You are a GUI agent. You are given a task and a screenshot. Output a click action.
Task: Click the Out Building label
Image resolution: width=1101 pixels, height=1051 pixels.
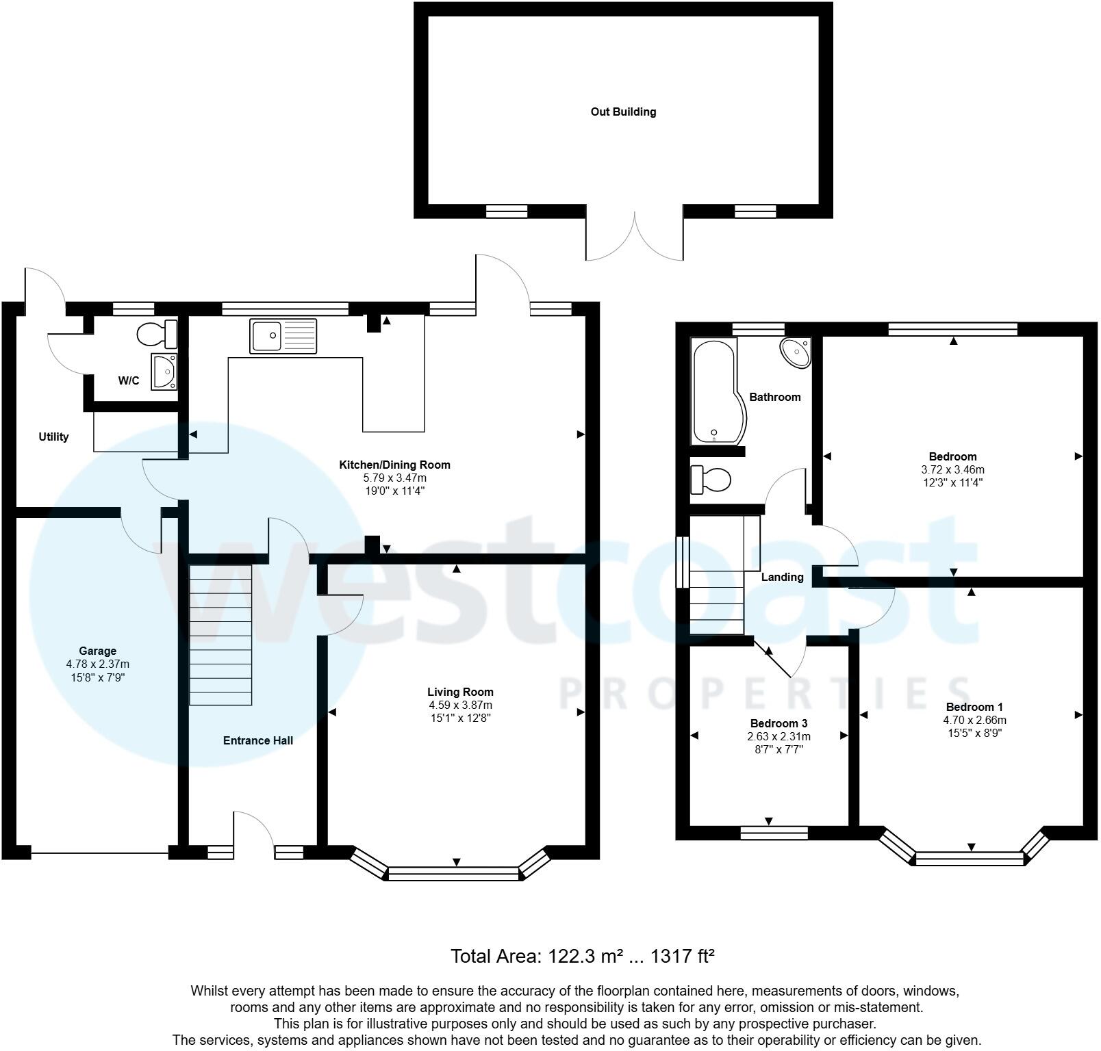623,112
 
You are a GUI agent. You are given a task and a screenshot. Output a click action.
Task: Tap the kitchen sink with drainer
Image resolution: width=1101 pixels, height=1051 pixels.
283,336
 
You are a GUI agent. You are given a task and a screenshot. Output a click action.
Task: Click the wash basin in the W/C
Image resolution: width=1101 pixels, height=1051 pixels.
164,371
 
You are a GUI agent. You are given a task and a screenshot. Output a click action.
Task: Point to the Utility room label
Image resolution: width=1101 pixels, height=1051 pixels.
53,437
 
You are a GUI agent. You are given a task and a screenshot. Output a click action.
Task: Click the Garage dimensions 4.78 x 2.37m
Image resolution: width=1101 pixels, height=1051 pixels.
97,664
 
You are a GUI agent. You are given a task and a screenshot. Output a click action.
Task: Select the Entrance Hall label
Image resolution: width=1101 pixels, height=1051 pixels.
257,740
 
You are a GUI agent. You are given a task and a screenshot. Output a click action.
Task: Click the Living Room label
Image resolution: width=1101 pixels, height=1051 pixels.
460,692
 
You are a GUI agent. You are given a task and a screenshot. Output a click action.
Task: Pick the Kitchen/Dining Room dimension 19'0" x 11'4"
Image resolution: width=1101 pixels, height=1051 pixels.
394,491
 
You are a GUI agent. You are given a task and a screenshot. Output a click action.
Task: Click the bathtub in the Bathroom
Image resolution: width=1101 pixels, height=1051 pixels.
713,392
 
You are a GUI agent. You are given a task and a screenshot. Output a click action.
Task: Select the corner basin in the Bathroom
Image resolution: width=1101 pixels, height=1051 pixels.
796,352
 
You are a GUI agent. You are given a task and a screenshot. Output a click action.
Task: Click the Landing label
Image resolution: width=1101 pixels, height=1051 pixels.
782,577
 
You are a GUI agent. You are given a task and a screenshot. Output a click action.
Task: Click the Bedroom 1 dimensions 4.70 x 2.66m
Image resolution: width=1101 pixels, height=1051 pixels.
974,720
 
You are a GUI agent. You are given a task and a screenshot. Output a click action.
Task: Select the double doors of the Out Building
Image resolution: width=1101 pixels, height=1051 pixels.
634,236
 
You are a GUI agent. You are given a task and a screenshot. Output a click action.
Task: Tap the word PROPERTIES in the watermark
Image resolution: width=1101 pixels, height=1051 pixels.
763,693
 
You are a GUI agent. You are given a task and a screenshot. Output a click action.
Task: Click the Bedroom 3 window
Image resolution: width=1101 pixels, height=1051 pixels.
774,833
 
